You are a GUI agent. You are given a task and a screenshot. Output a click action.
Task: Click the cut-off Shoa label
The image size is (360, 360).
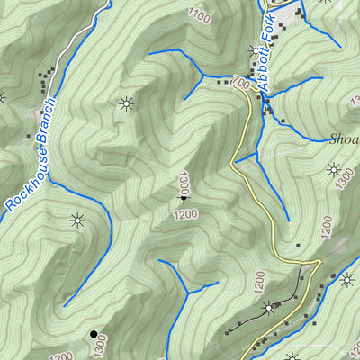click(x=344, y=138)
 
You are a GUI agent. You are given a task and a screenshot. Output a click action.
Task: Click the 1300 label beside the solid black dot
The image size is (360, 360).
click(x=101, y=345)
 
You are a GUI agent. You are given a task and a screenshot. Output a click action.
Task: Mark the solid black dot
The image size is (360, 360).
click(x=92, y=335)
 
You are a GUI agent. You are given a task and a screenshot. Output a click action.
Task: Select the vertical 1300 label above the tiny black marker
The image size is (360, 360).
click(x=183, y=184)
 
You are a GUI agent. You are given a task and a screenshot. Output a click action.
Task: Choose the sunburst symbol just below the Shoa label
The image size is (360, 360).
click(x=333, y=168)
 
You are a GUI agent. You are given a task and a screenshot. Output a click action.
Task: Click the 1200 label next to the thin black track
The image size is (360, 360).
click(x=259, y=286)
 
